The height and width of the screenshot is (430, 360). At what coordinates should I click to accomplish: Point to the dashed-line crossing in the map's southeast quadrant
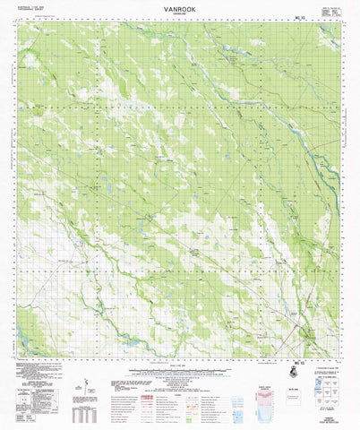tap(269, 269)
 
